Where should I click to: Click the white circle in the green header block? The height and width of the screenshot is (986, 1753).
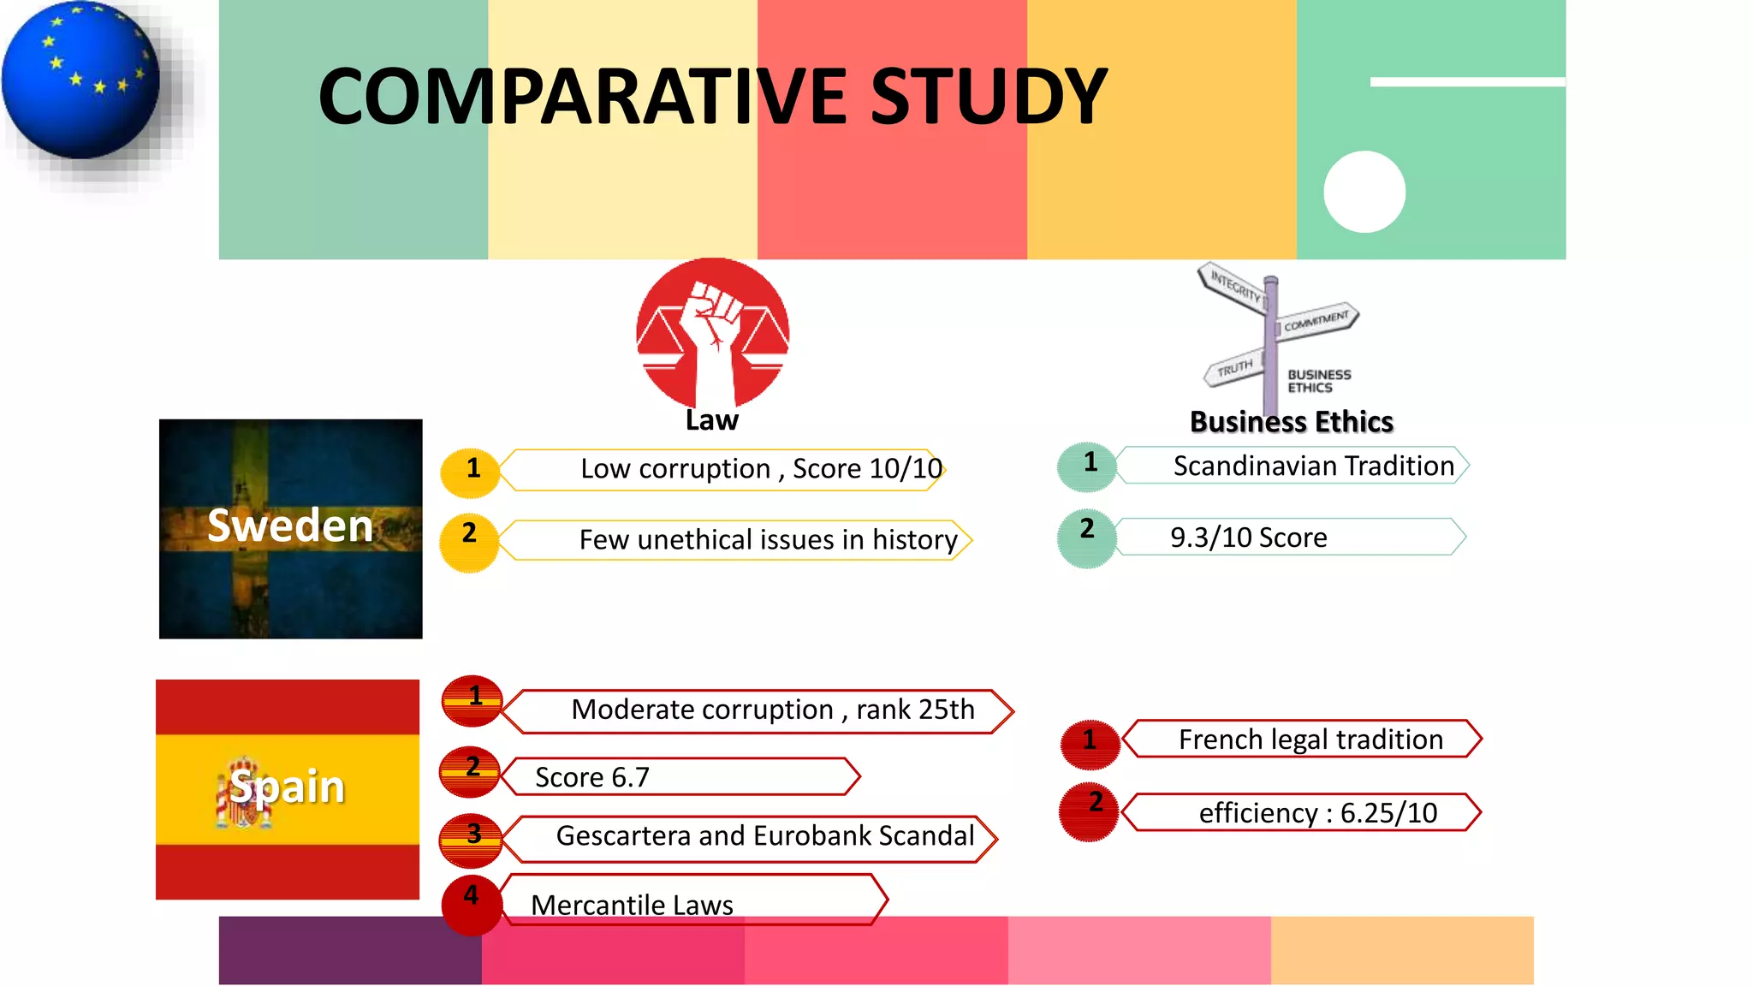click(x=1364, y=192)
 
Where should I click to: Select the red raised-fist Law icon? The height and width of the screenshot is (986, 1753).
click(x=712, y=333)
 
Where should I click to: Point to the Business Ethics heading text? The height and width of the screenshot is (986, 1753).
click(x=1291, y=422)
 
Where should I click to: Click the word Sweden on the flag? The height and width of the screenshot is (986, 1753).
click(x=290, y=526)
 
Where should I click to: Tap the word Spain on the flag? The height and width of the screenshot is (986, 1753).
click(x=288, y=787)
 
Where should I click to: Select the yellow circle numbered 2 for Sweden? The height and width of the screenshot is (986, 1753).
click(x=469, y=542)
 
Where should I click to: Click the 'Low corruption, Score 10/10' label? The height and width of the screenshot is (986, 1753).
click(x=761, y=469)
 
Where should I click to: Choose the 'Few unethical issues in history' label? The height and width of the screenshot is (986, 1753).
click(x=768, y=540)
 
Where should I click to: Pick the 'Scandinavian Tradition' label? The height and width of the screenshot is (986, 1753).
click(x=1313, y=466)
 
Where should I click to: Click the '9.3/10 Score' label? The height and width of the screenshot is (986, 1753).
click(x=1249, y=538)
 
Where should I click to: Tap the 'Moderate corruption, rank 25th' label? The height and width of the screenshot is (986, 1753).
click(x=772, y=710)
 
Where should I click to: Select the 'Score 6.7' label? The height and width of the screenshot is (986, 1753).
click(x=592, y=777)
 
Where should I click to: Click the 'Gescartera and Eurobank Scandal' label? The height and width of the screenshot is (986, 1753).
click(x=764, y=835)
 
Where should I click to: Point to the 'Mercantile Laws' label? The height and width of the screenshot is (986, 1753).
click(x=632, y=904)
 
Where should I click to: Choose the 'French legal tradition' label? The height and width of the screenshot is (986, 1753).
click(x=1310, y=739)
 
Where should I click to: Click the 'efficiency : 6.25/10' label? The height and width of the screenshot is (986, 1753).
click(x=1317, y=812)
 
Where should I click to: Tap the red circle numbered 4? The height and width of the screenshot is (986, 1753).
click(x=472, y=904)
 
